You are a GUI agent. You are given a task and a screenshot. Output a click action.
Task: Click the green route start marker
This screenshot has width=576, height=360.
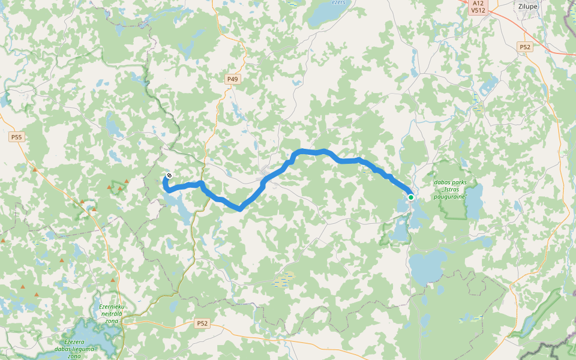[410, 197]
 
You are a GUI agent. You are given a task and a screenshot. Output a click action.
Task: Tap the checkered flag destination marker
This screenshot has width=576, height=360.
[169, 176]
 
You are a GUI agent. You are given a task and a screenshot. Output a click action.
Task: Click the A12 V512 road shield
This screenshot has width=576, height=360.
[478, 7]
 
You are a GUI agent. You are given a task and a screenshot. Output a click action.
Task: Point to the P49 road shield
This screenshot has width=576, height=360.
[232, 79]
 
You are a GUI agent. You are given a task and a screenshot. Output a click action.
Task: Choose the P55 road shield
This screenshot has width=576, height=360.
[16, 137]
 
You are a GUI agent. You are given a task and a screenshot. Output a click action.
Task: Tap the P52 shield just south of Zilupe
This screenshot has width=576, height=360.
[526, 47]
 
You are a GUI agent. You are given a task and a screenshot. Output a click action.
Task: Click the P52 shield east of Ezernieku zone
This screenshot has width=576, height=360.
[202, 323]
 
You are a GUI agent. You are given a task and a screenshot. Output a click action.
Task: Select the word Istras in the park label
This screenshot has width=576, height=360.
[458, 189]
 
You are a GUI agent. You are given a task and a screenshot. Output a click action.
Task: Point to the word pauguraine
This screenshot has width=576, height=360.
[450, 196]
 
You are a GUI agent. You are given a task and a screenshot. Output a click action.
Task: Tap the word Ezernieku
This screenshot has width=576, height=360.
[111, 307]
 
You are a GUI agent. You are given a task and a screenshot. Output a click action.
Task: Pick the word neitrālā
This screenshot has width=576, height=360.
[111, 314]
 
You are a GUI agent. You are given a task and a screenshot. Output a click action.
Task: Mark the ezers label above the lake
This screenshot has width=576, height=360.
[340, 2]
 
